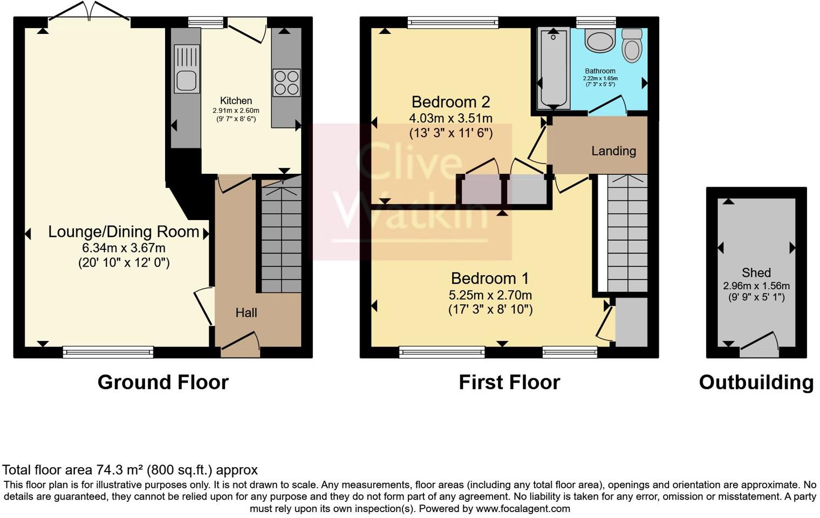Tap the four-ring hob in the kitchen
[x=286, y=83]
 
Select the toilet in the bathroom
[x=632, y=46]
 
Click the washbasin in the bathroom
[x=599, y=40]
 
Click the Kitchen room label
[x=236, y=101]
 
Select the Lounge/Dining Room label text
[x=124, y=232]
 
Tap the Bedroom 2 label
[x=450, y=102]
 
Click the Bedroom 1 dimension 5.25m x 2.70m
[x=490, y=295]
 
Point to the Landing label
[x=613, y=151]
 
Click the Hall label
[x=246, y=312]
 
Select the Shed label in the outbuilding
[x=756, y=273]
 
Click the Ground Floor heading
[x=163, y=382]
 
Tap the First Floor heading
[x=509, y=382]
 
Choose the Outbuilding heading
[x=756, y=382]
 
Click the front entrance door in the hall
[x=240, y=345]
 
